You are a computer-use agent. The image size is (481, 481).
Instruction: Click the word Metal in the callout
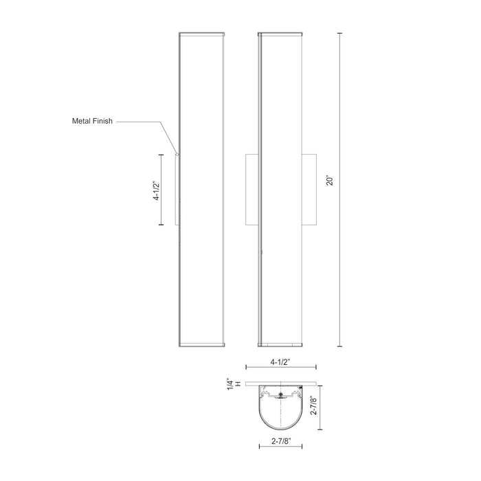tap(82, 122)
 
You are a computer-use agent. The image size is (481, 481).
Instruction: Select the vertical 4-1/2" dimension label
tap(157, 190)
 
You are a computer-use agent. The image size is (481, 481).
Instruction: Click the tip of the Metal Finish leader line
tap(177, 155)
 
